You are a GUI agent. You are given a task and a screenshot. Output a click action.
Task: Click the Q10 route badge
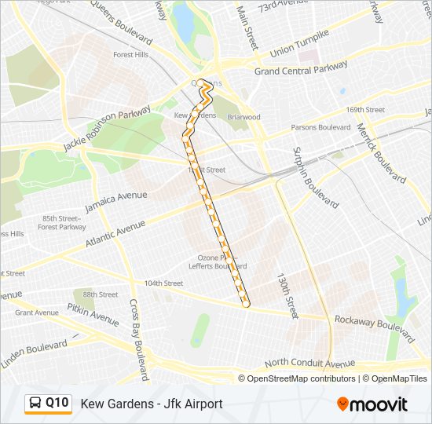click(48, 404)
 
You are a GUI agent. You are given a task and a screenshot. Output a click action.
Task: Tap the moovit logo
click(372, 404)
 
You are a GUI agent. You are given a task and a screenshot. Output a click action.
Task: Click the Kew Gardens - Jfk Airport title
click(152, 404)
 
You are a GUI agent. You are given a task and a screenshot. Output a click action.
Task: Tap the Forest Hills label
click(132, 55)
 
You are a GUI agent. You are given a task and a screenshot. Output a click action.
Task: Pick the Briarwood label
click(243, 117)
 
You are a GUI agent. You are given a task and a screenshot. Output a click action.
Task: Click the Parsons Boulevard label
click(320, 127)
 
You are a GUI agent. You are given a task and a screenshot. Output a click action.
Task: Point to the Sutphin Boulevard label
click(316, 177)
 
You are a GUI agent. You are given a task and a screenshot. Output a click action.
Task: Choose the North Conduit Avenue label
click(309, 364)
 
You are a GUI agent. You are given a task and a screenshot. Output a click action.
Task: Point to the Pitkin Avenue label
click(93, 316)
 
